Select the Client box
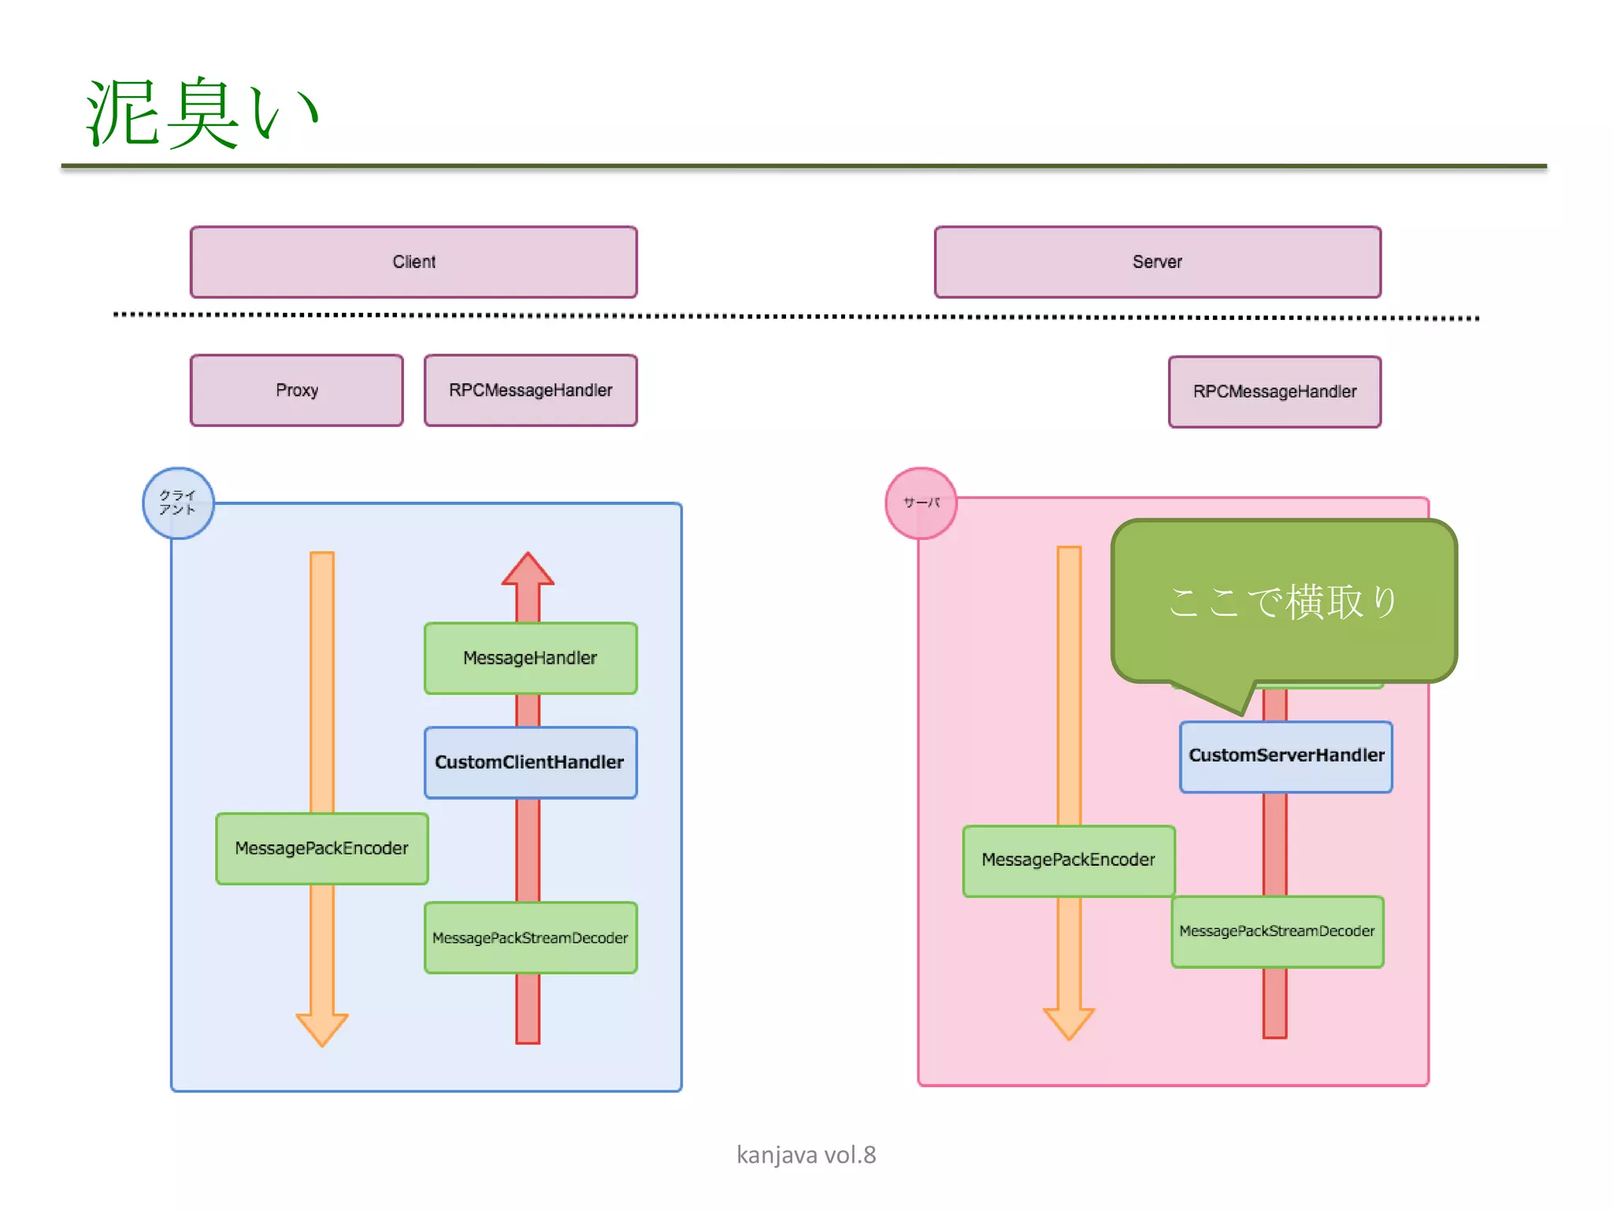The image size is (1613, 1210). (x=413, y=262)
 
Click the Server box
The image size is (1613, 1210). (x=1157, y=262)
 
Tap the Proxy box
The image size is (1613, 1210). (x=297, y=391)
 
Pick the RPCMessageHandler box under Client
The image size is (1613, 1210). (x=530, y=391)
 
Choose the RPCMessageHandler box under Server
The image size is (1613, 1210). (x=1274, y=392)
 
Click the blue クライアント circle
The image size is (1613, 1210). (x=178, y=503)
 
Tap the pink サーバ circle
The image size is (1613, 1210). (x=921, y=503)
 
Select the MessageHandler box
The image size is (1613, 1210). (x=530, y=659)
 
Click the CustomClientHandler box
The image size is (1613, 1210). (x=530, y=763)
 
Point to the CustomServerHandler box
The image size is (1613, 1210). (x=1285, y=756)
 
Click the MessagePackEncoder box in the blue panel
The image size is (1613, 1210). (x=321, y=848)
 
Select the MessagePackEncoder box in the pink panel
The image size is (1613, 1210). (x=1068, y=860)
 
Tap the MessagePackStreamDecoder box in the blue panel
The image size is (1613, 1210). (x=530, y=938)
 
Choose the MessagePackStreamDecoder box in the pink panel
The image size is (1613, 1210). (x=1277, y=932)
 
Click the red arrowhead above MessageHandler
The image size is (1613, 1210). (x=528, y=570)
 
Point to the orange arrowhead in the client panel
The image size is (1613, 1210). (x=321, y=1028)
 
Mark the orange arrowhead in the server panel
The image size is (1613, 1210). (x=1068, y=1023)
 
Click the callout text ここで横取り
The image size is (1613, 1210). (x=1284, y=603)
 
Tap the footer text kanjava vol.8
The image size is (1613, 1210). (x=806, y=1155)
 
